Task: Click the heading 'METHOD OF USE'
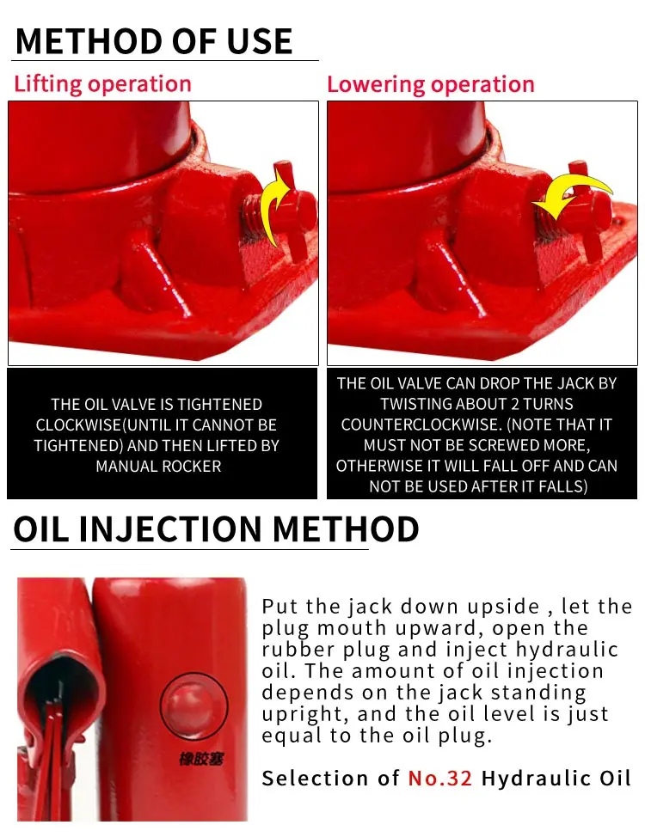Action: [154, 41]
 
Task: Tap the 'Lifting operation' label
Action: [102, 85]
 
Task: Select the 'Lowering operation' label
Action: [431, 85]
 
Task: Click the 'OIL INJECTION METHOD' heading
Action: [216, 529]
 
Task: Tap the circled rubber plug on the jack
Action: [193, 706]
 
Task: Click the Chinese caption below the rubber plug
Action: [201, 759]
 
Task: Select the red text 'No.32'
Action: [439, 779]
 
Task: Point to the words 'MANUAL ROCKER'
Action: [158, 467]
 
